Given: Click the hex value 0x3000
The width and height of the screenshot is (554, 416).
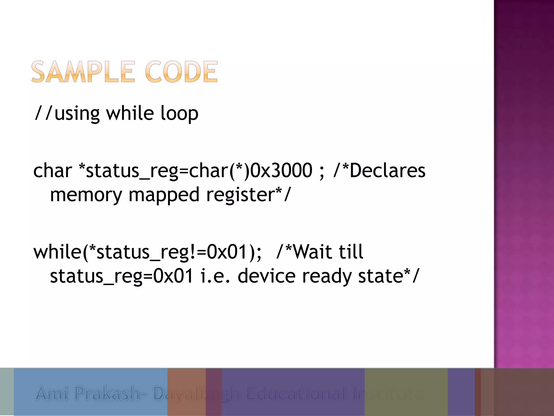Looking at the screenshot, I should click(281, 171).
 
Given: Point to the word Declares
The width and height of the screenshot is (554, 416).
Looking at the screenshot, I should click(387, 171).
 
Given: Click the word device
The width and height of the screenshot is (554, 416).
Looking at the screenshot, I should click(266, 276).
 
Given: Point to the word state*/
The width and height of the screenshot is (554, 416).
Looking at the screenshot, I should click(388, 276).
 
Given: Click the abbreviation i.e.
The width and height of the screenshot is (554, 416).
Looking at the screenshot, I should click(215, 276).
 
